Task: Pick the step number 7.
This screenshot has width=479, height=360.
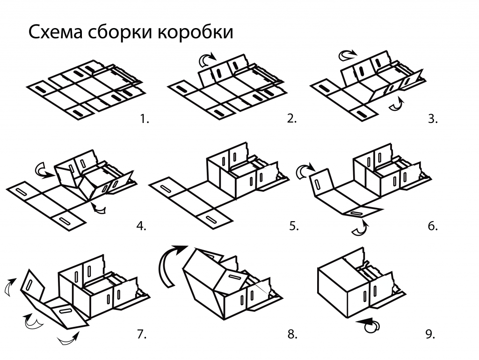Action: (x=141, y=334)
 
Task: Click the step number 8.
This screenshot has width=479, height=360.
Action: (x=292, y=334)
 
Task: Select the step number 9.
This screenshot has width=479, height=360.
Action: (x=430, y=334)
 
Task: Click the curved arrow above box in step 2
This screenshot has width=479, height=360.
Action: (x=207, y=59)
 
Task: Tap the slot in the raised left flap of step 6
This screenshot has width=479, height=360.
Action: (x=318, y=181)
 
